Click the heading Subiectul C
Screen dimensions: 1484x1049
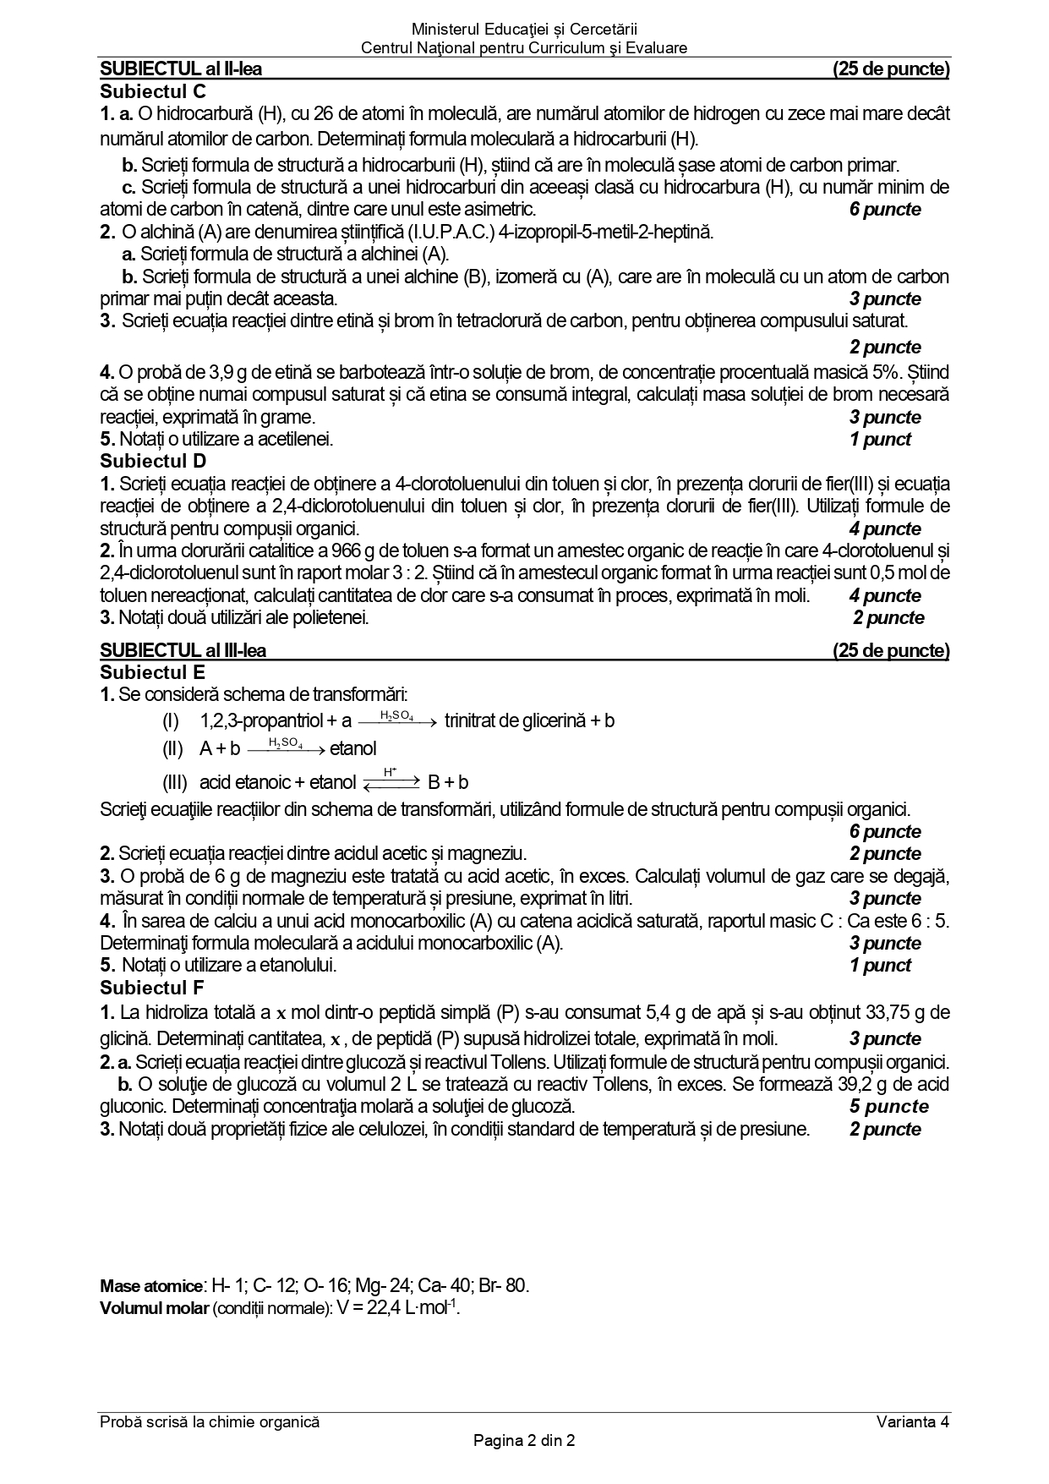click(x=153, y=91)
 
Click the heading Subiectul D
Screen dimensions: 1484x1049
click(x=153, y=461)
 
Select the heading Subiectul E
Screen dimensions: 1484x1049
click(x=152, y=672)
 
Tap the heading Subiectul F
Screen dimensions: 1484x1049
click(x=152, y=987)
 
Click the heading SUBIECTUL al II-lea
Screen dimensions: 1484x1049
click(x=181, y=69)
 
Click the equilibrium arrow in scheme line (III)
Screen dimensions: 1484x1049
click(x=391, y=781)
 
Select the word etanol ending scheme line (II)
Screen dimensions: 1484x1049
click(x=353, y=748)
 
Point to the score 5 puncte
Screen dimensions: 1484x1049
click(x=888, y=1106)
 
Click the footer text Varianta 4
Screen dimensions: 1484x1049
click(x=913, y=1421)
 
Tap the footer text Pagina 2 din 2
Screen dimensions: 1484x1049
click(x=524, y=1441)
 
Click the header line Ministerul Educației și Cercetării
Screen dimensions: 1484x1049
click(x=524, y=30)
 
